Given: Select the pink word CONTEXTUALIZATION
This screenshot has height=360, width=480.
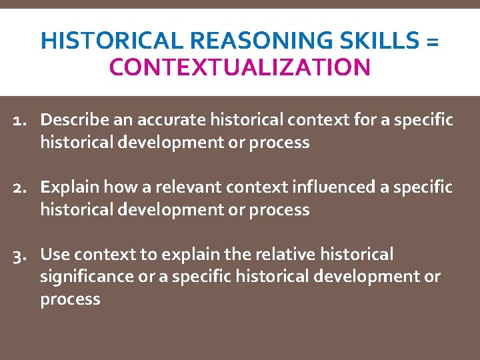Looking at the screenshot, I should [240, 67].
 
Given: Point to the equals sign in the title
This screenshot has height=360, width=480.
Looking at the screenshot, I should [431, 42].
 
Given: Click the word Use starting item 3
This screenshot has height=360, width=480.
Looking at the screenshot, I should [55, 255].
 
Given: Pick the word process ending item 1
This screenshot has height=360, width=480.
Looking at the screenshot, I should [279, 143].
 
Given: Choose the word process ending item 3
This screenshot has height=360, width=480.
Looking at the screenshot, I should [70, 299].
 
